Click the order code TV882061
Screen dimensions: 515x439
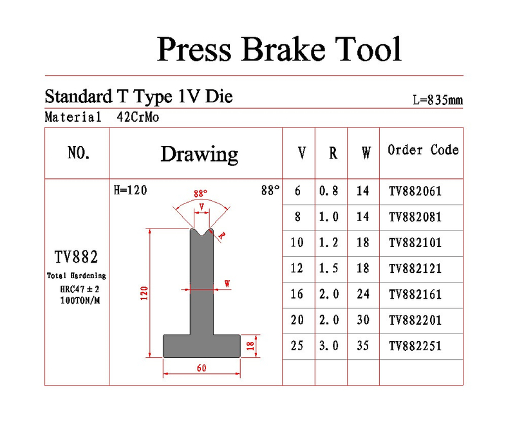[x=415, y=191]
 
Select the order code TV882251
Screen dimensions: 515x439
[x=415, y=346]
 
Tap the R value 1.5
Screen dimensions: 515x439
[x=329, y=268]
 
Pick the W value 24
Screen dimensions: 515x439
[x=363, y=294]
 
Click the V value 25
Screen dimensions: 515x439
[x=297, y=346]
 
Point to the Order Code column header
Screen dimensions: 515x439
[x=423, y=150]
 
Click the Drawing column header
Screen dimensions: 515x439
[x=200, y=154]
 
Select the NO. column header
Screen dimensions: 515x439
[x=79, y=153]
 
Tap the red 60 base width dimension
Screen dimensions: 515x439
[x=201, y=368]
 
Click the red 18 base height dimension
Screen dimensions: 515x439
[x=250, y=346]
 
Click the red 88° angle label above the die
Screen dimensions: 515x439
[x=200, y=193]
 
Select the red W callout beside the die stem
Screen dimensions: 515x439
[x=227, y=283]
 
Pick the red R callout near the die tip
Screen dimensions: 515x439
[x=222, y=236]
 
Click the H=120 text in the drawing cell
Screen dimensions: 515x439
[x=131, y=190]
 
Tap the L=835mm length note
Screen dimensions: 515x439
[x=438, y=100]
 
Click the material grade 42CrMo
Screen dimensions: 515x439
[x=138, y=117]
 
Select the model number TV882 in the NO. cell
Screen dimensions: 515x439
[x=76, y=257]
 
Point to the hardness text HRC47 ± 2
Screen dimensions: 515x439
[x=79, y=289]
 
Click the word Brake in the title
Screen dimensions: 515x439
[x=284, y=50]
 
